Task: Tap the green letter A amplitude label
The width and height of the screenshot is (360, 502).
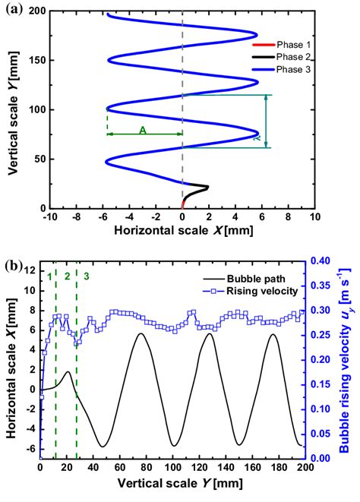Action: click(142, 129)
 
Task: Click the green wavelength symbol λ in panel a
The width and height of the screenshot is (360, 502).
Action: click(277, 139)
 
